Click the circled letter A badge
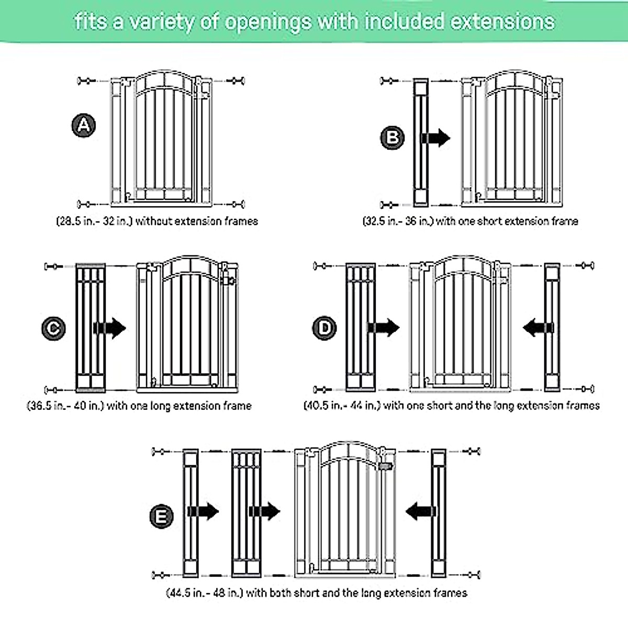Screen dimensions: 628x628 coord(84,126)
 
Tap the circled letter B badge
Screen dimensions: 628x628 coord(392,138)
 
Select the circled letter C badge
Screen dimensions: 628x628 coord(53,329)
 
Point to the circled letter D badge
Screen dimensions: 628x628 coord(324,329)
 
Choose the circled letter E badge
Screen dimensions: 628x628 coord(161,517)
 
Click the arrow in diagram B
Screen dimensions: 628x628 coord(435,138)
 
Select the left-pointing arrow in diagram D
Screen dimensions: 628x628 coord(538,329)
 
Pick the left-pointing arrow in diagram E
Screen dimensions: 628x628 coord(420,511)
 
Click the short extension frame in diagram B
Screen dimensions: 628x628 coord(421,142)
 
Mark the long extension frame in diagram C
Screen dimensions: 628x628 coord(91,328)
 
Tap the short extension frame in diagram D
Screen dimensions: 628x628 coord(552,328)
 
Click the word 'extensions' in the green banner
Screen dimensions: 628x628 coord(502,22)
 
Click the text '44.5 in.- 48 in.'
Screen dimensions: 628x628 coord(205,593)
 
